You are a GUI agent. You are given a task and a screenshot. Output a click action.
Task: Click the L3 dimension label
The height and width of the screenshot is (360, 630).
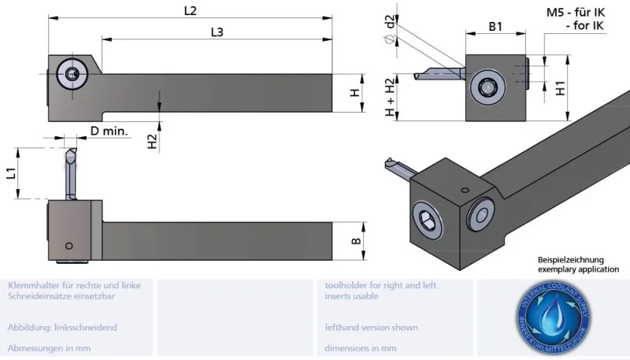coord(217,32)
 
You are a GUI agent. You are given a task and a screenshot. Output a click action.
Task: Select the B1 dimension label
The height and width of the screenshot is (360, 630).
coord(495,26)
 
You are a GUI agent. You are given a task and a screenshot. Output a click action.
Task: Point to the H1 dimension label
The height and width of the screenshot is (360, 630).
coord(561,87)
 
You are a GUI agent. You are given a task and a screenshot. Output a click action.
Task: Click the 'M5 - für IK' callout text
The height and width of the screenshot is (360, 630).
coord(575,13)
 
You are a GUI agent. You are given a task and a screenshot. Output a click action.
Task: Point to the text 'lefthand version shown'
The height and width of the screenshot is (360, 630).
coord(371,327)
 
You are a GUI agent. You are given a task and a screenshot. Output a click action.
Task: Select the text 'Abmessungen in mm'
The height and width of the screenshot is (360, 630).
coord(47,347)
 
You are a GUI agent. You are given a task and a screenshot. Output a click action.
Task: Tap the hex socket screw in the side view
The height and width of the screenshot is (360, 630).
coord(72,76)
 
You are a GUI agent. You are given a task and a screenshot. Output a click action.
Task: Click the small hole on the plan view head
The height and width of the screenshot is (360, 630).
coord(70,243)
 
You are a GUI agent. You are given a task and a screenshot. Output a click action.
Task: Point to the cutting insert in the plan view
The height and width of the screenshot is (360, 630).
coord(69,169)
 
